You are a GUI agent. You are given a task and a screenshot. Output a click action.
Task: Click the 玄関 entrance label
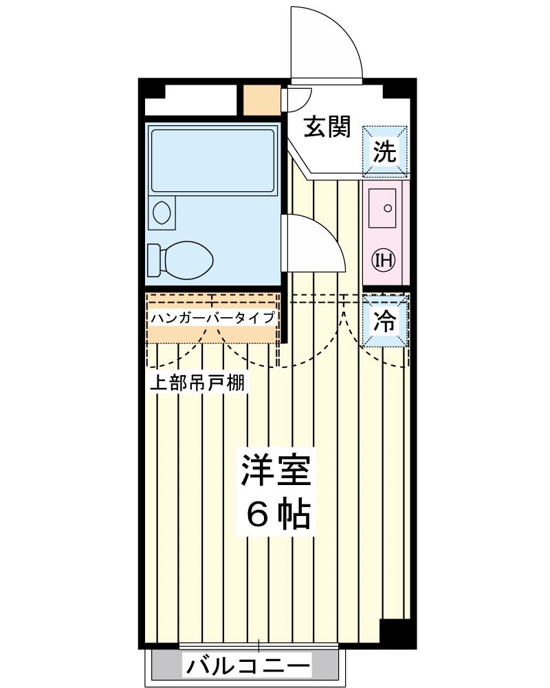click(x=328, y=127)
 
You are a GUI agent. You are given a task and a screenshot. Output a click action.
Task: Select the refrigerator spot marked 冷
click(x=385, y=320)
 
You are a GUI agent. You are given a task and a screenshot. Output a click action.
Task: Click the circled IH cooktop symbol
click(x=383, y=259)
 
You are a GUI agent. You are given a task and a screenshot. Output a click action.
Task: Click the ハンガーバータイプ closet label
click(x=213, y=318)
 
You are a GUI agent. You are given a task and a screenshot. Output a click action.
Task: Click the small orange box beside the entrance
click(x=262, y=100)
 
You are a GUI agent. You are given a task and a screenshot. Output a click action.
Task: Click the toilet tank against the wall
click(x=153, y=260)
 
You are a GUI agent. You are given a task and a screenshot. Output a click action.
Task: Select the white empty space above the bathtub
click(x=191, y=102)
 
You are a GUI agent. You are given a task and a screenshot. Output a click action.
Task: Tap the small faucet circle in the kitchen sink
click(x=388, y=207)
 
